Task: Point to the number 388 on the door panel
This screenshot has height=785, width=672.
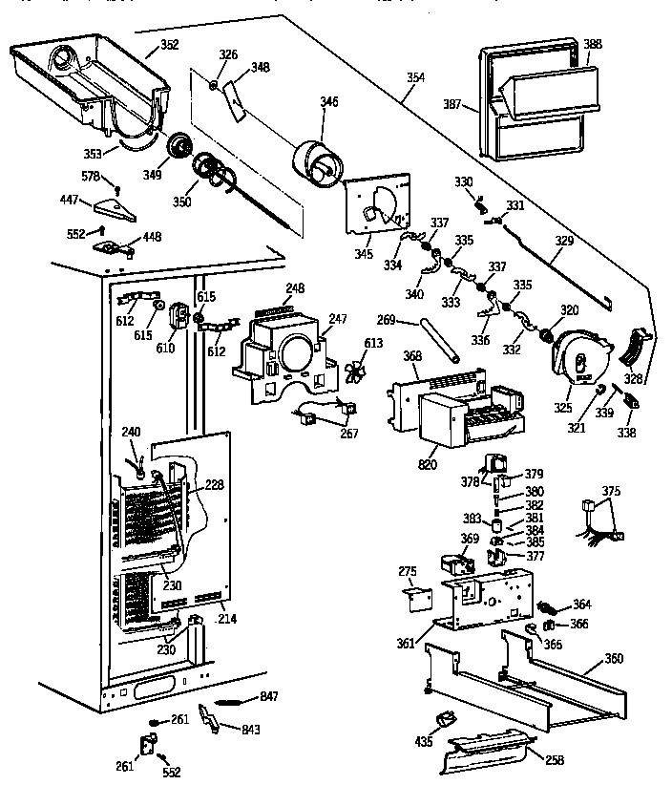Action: pyautogui.click(x=593, y=45)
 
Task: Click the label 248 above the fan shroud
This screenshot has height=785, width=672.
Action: pyautogui.click(x=295, y=287)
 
